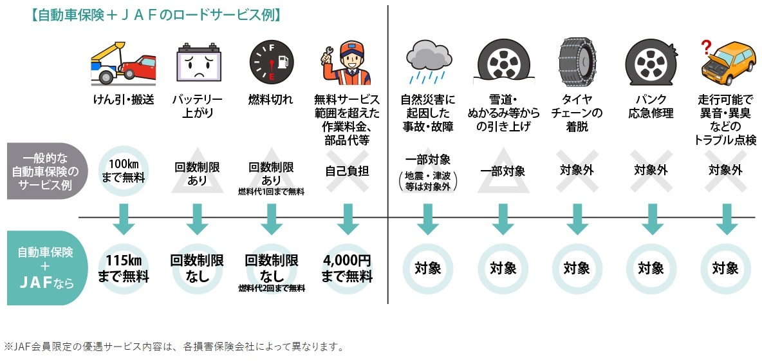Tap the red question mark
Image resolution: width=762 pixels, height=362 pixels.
pyautogui.click(x=706, y=45)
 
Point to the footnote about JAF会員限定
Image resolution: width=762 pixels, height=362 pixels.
pyautogui.click(x=174, y=347)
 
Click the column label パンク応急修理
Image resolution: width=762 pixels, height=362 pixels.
pyautogui.click(x=651, y=106)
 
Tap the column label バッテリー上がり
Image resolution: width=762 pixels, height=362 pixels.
pyautogui.click(x=197, y=106)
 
